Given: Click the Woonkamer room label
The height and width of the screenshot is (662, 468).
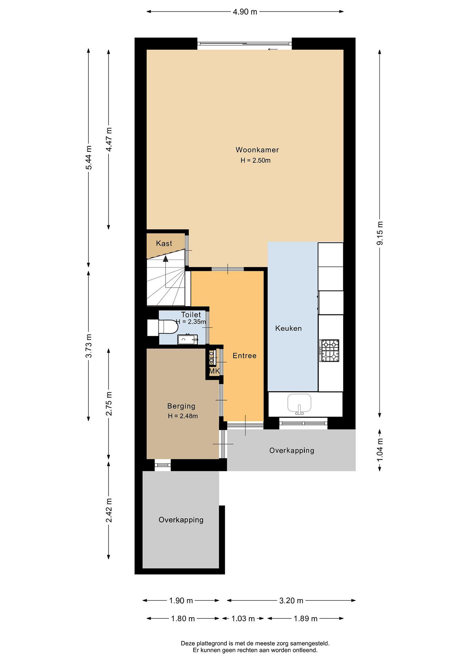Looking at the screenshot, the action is point(257,150).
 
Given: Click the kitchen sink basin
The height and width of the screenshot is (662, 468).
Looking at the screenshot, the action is point(299,403).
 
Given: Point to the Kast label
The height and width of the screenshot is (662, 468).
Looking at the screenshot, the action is point(164,243).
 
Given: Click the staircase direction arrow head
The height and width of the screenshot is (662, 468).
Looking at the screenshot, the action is point(165,259).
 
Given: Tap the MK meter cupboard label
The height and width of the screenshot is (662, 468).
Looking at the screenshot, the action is point(214,371).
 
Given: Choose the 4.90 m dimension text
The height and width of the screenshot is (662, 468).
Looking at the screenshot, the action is point(245,12).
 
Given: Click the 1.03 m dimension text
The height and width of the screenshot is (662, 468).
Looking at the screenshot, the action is point(243,619).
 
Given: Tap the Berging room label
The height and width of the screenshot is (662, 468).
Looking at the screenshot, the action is point(181,406).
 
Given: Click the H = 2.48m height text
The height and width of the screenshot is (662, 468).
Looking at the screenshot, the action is point(183,416).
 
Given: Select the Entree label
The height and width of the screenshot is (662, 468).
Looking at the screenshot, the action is point(244,356).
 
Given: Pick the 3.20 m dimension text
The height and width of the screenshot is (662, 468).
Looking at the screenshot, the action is point(291,601).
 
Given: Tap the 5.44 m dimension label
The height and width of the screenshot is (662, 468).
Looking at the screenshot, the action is point(88,157).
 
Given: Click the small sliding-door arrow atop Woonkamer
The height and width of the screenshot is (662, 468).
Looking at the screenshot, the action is point(273,49).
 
